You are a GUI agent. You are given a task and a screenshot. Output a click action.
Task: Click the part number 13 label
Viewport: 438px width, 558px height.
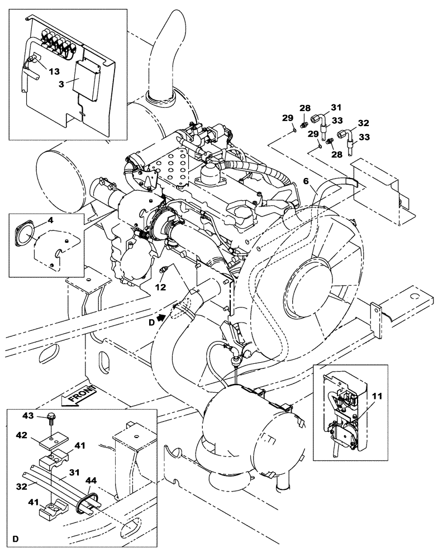(x=54, y=71)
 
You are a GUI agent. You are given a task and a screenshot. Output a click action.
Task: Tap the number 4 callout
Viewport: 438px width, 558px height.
(x=50, y=221)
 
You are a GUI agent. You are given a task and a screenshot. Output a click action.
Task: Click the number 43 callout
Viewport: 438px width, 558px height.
(x=28, y=417)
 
